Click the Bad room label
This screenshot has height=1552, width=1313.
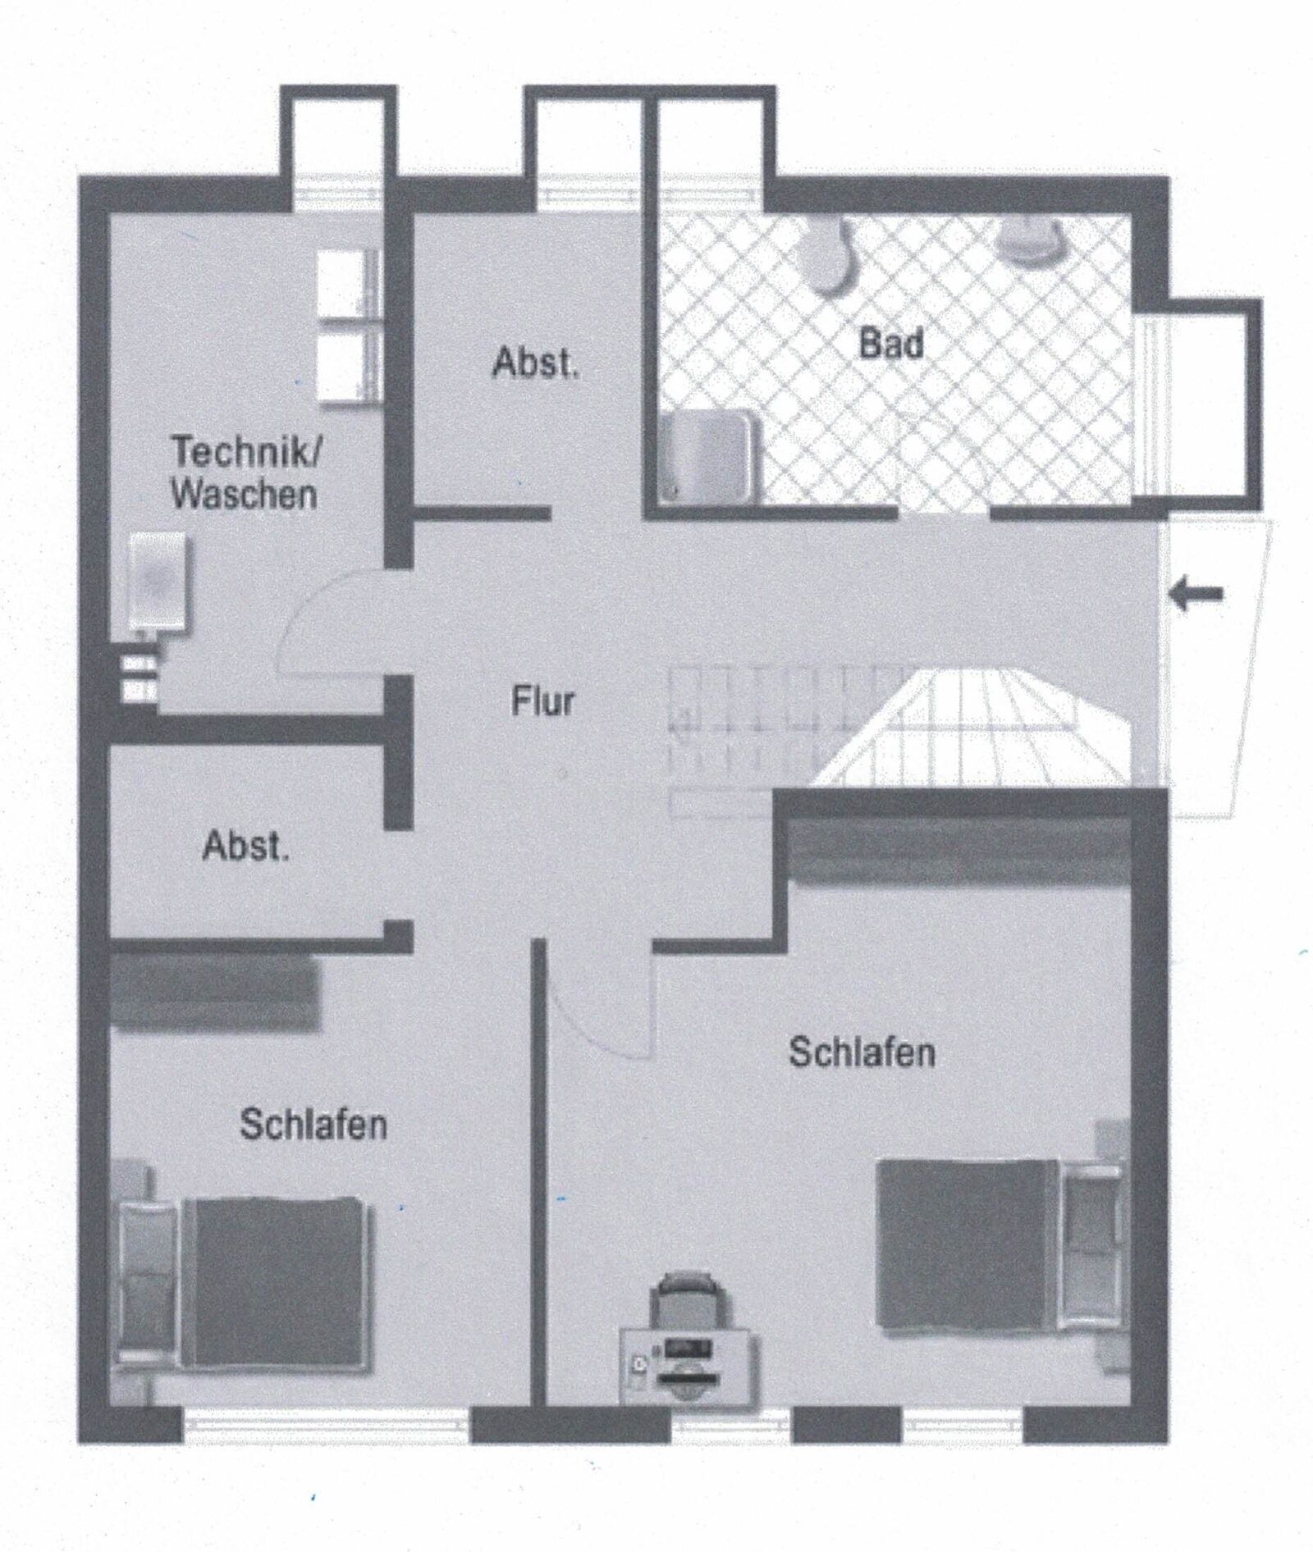[891, 343]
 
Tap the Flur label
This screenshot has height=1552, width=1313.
[542, 702]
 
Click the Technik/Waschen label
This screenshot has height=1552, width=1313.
[245, 473]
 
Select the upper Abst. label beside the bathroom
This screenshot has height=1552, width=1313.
[536, 363]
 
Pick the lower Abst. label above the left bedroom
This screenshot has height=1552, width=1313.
[246, 846]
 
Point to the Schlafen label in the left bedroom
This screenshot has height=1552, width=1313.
[313, 1125]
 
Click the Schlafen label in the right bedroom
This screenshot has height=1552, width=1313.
[862, 1052]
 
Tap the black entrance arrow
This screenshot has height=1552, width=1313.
[1197, 594]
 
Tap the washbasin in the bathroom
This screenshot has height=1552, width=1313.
[1029, 241]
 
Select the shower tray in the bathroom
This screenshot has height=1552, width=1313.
[711, 456]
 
